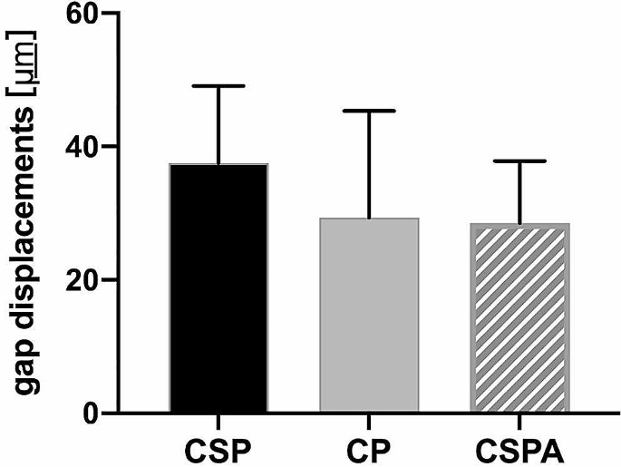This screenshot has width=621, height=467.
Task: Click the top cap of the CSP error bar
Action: [218, 85]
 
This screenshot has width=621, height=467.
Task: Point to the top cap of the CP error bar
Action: [369, 111]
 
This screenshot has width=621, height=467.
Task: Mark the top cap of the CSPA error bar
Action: [519, 161]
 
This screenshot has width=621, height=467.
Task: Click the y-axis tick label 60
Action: [79, 15]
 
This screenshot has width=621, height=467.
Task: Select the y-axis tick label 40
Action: [79, 147]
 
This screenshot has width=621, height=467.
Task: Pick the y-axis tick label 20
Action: [79, 280]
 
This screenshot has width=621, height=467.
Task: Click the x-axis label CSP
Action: [218, 450]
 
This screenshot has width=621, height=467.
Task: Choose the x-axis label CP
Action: [369, 450]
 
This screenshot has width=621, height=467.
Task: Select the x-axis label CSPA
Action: [519, 450]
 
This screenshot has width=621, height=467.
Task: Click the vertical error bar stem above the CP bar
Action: [369, 163]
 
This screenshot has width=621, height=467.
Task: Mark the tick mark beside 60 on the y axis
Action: [111, 15]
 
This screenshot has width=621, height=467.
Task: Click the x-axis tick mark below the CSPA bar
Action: [519, 421]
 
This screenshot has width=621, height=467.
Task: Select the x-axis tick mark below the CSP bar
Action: [218, 421]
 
